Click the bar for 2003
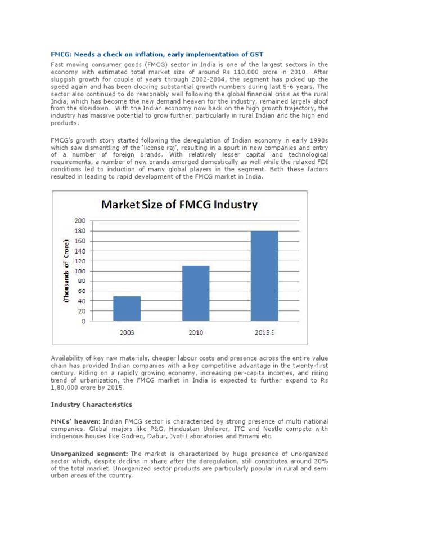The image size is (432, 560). (x=127, y=309)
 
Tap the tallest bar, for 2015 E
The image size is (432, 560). (x=264, y=276)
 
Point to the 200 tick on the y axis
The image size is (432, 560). (x=80, y=221)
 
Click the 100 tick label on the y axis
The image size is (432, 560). (x=80, y=271)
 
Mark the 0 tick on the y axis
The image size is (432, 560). (x=83, y=321)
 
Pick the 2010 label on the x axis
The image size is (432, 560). (x=196, y=332)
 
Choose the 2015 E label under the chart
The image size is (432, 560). (x=264, y=332)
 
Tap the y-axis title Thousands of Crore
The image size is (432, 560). (x=66, y=271)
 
